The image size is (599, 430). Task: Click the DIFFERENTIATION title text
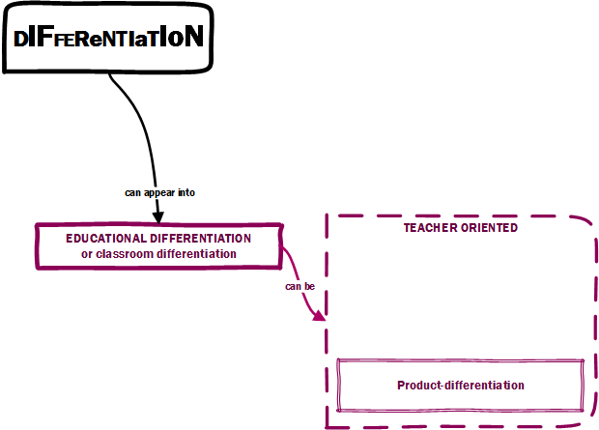coord(108,38)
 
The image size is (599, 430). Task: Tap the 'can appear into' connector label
coord(159,192)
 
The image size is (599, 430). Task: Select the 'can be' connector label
coord(299,286)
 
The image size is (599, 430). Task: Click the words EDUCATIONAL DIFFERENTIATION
coord(158,238)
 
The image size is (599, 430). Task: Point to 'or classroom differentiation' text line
coord(158,254)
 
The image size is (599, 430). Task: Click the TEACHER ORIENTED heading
coord(460,228)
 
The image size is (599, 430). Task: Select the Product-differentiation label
coord(460,385)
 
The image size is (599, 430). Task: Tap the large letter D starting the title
coord(21,38)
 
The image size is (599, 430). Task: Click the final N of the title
coord(193,38)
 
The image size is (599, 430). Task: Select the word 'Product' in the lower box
coord(417,385)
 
